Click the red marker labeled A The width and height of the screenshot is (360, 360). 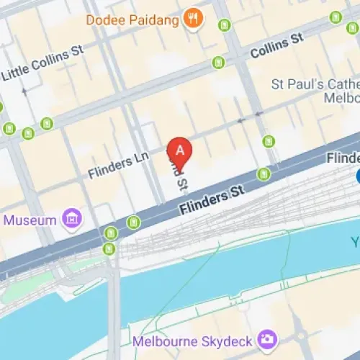click(179, 152)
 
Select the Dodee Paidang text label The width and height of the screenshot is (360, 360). click(132, 19)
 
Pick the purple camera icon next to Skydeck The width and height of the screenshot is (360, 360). click(268, 338)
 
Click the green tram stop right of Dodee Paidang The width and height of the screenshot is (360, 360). click(225, 25)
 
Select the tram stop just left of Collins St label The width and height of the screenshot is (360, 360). click(218, 63)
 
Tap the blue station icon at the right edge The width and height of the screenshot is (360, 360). click(359, 176)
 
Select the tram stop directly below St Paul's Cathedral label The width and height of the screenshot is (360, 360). click(269, 140)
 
